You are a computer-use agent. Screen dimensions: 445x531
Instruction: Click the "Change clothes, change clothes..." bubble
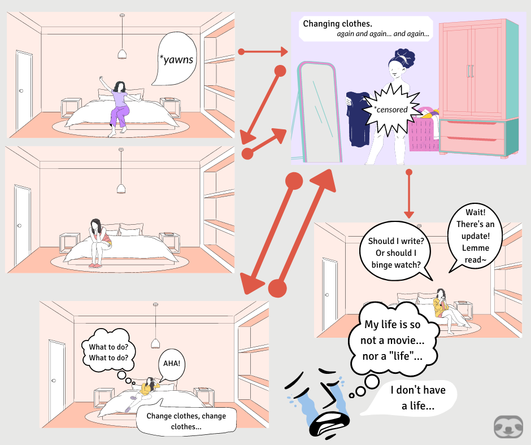click(185, 421)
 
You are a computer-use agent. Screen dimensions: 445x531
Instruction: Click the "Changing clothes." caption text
click(329, 24)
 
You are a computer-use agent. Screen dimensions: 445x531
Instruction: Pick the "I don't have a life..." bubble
click(417, 398)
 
